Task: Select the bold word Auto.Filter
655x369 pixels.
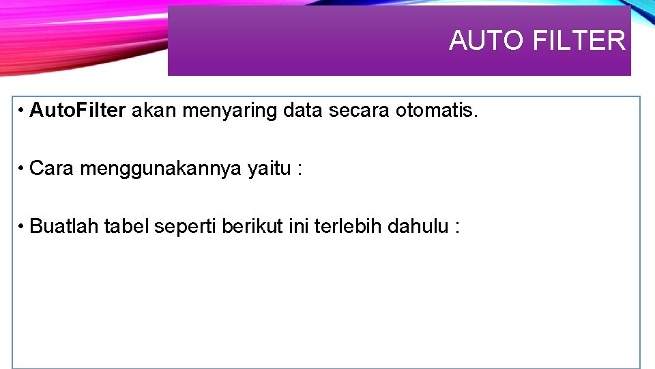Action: click(78, 111)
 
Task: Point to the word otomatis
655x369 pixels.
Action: click(437, 111)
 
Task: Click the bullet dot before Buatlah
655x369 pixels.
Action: click(22, 225)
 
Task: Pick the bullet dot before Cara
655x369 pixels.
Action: click(22, 168)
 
